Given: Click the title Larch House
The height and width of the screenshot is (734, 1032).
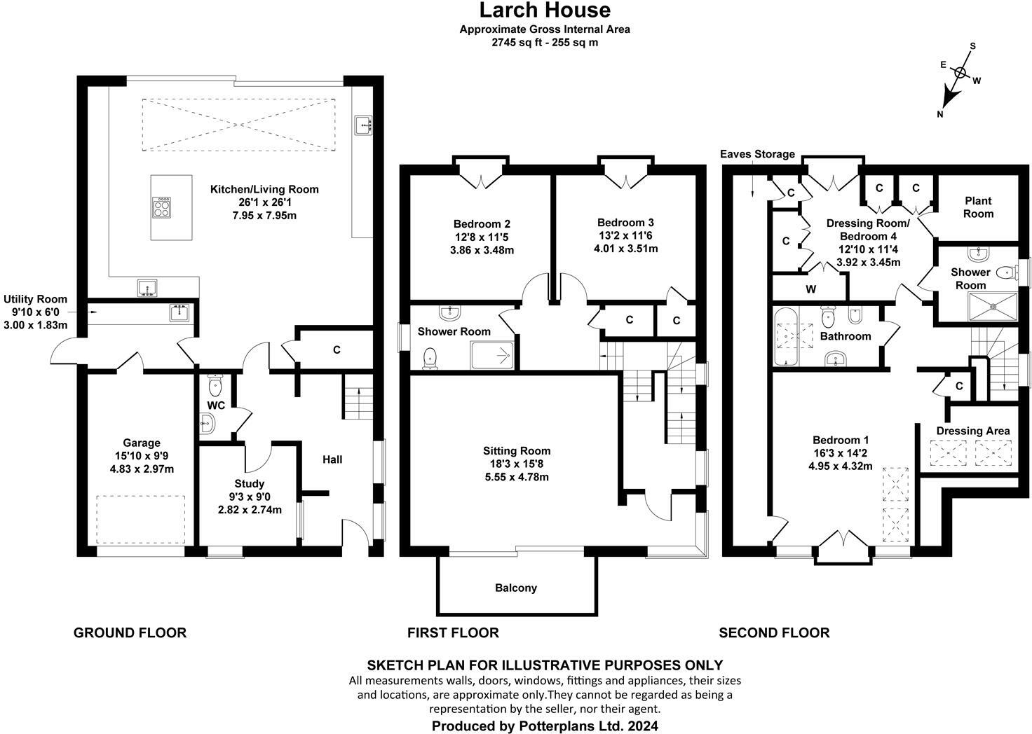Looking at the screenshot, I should (544, 11).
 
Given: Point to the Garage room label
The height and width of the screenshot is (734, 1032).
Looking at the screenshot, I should (142, 443).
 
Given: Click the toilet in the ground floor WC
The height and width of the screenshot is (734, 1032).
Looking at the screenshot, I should (215, 385).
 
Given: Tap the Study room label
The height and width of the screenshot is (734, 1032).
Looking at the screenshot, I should (249, 483).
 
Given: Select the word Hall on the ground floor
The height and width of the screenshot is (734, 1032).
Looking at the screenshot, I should (332, 459).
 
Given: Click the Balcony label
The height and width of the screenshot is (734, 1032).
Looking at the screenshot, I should (515, 588).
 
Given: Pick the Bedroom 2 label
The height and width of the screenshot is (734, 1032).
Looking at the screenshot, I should (482, 224).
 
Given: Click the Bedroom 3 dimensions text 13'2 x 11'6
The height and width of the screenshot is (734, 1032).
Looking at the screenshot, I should (625, 235).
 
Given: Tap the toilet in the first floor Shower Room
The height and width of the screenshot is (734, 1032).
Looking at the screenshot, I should (431, 359).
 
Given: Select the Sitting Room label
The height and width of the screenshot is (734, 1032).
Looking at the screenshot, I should (516, 451).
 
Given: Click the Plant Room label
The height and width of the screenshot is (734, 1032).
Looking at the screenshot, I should (978, 207).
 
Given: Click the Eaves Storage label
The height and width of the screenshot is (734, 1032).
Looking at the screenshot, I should (757, 154).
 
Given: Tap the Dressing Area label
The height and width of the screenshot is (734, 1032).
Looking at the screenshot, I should (972, 431).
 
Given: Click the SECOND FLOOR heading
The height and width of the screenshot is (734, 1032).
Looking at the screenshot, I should (773, 633).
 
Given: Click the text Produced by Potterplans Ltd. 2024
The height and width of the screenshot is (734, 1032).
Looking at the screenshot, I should (545, 726).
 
